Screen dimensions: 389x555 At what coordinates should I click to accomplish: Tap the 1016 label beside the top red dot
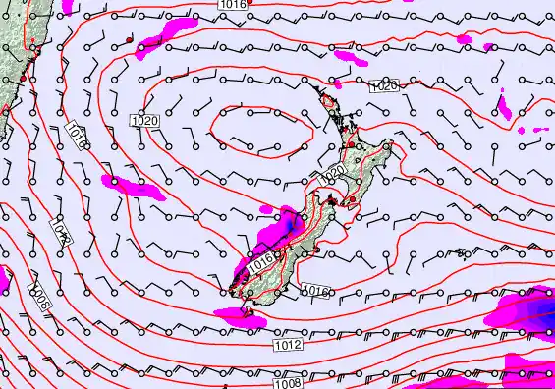click(232, 5)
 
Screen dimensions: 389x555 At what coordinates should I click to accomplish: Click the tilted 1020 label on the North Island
click(332, 173)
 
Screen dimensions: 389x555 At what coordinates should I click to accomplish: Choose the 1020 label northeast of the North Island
click(384, 86)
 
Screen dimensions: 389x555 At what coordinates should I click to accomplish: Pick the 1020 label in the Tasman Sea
click(144, 120)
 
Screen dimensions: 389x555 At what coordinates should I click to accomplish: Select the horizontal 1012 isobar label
click(288, 345)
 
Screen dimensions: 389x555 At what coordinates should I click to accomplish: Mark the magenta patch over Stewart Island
click(239, 313)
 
